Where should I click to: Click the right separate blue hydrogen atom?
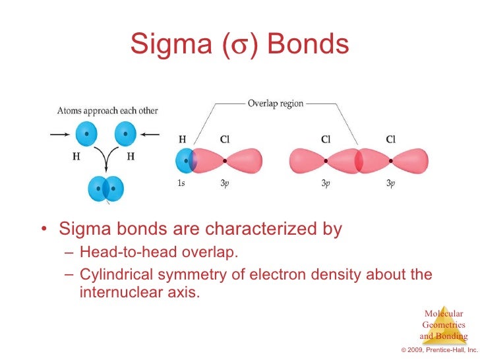point(125,135)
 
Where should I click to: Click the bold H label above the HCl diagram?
point(183,140)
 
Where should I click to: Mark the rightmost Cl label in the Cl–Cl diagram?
point(391,140)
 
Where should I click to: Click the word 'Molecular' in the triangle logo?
point(443,313)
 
